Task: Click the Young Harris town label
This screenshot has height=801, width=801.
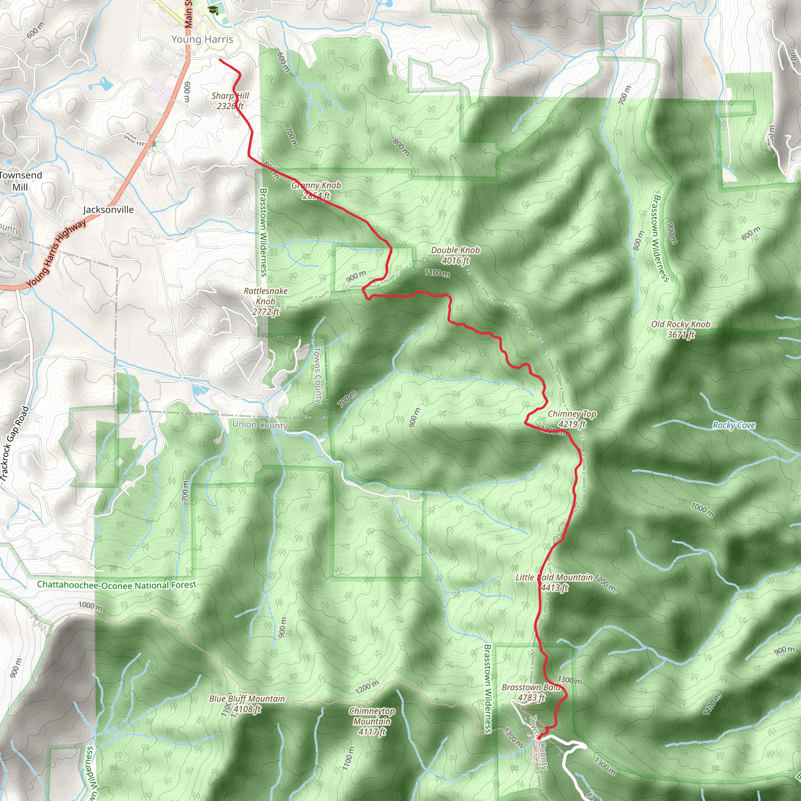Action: [x=202, y=40]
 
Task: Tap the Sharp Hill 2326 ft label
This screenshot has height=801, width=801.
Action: [x=230, y=101]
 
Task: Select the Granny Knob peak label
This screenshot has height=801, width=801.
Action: [x=316, y=190]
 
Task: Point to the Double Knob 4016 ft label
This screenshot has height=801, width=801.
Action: [x=455, y=255]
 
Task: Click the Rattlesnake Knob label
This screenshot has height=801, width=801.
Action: [x=265, y=302]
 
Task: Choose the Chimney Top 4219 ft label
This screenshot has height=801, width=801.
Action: [x=572, y=419]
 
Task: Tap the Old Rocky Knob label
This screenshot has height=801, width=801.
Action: [x=681, y=329]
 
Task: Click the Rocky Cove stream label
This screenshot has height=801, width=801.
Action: [x=733, y=425]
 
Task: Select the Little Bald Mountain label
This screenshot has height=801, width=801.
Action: [x=554, y=582]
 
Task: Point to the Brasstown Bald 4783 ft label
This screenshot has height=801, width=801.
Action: [x=531, y=692]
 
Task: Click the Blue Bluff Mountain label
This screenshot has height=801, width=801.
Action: [x=247, y=704]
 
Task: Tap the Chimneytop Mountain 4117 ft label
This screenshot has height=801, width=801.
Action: [x=372, y=721]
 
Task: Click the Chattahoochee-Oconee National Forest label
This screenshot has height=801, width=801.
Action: [x=117, y=585]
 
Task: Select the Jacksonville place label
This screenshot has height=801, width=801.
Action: [x=108, y=210]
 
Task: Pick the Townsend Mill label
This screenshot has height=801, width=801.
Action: [x=20, y=181]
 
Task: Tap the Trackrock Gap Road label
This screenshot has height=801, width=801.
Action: [x=15, y=444]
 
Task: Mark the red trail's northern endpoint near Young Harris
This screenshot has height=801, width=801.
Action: [x=219, y=60]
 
